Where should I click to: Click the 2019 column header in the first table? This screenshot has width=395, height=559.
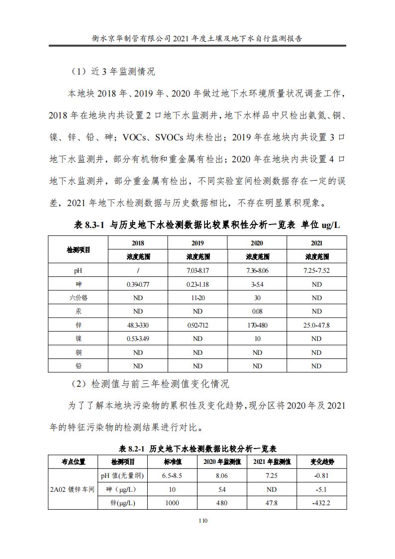197,243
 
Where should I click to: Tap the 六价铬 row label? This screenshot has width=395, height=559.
78,298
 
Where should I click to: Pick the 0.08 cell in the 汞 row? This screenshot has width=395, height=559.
257,312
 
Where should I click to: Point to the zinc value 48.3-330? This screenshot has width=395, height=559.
138,325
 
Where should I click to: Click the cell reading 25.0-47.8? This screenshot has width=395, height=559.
316,325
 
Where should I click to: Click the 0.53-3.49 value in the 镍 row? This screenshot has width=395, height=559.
138,338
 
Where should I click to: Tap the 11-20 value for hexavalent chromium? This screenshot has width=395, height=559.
197,298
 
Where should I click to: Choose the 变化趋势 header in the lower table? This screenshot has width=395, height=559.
322,461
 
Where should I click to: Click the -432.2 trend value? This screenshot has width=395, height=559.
322,503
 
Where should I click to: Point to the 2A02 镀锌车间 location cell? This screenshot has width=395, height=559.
73,489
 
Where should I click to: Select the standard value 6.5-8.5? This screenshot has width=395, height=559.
172,475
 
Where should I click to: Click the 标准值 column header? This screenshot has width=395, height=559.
172,461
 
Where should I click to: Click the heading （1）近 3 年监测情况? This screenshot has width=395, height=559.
111,71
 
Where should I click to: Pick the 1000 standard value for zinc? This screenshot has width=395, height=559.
172,503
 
